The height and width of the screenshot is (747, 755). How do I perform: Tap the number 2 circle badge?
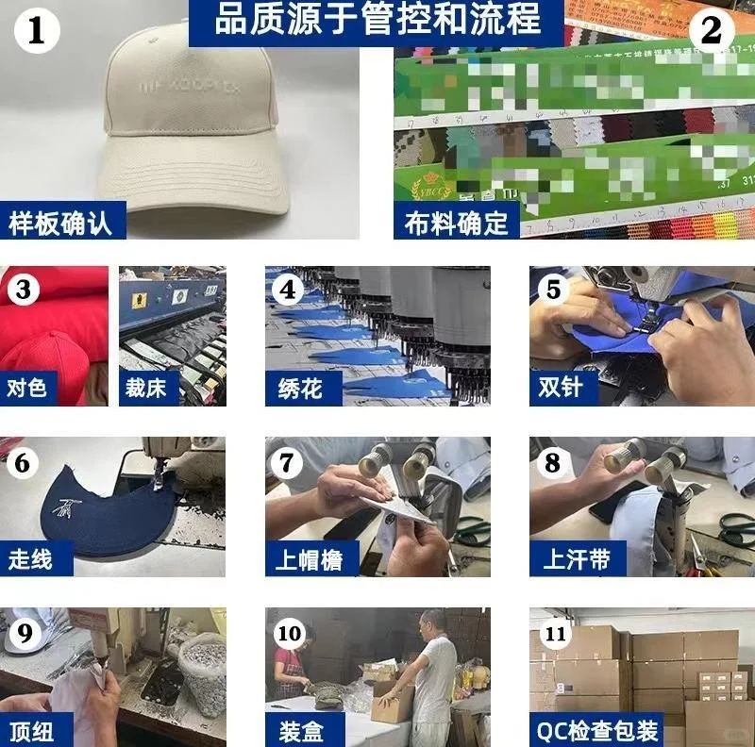(x=711, y=32)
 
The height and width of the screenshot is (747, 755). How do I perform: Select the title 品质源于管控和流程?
(x=377, y=19)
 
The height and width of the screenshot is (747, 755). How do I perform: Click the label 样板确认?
(x=60, y=223)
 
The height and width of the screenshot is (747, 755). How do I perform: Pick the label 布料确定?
(x=456, y=223)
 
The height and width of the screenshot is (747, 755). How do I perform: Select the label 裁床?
(x=145, y=387)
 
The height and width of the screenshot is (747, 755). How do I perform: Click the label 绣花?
(x=300, y=387)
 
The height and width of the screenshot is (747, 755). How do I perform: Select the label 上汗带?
(x=577, y=558)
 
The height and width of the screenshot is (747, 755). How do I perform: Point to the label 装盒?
(x=300, y=730)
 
